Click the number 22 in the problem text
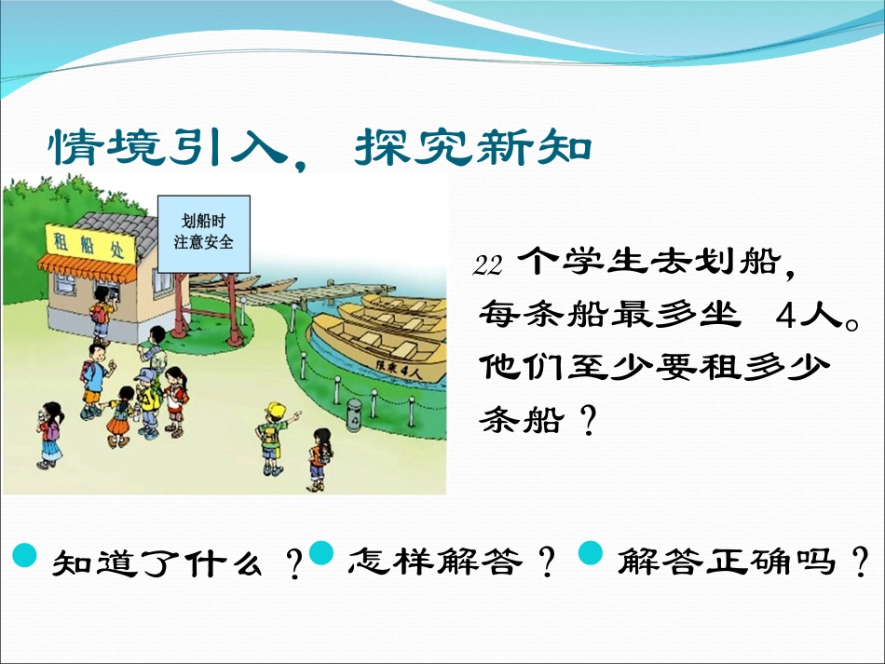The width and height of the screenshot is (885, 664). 488,265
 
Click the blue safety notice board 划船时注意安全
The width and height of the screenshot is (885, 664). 204,233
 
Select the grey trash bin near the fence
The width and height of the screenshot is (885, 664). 353,413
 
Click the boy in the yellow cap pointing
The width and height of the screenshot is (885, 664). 273,436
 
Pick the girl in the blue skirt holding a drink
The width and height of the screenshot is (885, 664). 48,435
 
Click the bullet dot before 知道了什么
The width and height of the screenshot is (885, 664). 25,556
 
